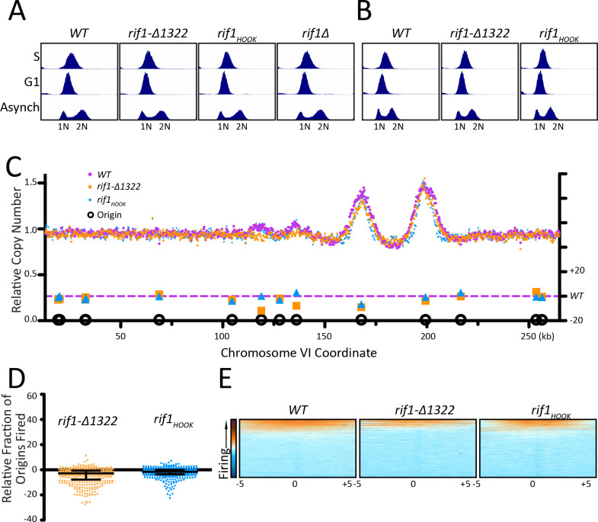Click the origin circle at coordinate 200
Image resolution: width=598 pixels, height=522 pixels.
(x=426, y=319)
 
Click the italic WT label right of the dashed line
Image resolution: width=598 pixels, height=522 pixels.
(x=573, y=296)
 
